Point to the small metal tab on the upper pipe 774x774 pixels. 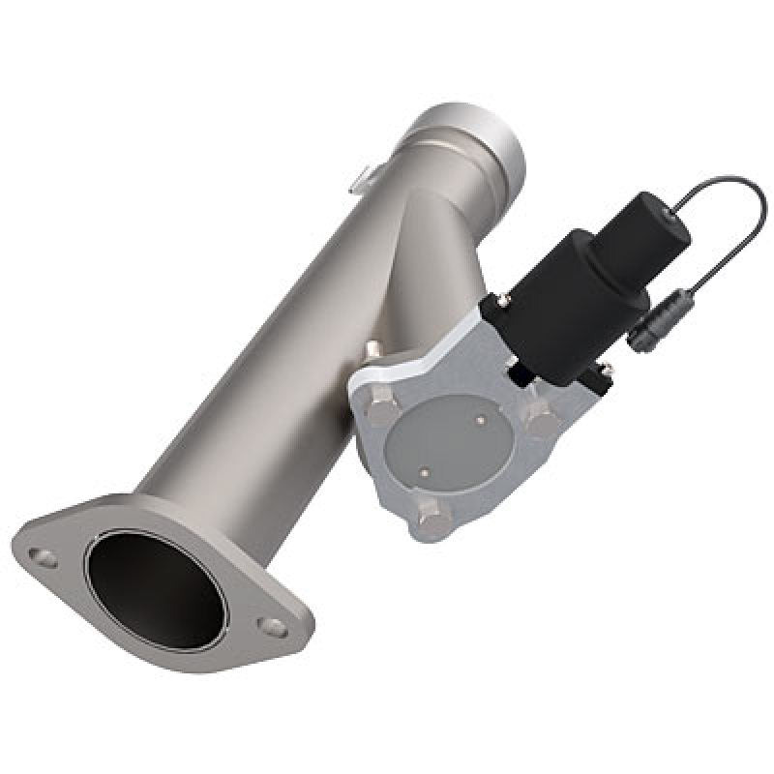click(361, 177)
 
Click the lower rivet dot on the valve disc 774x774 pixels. click(423, 473)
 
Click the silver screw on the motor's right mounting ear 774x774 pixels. click(607, 368)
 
